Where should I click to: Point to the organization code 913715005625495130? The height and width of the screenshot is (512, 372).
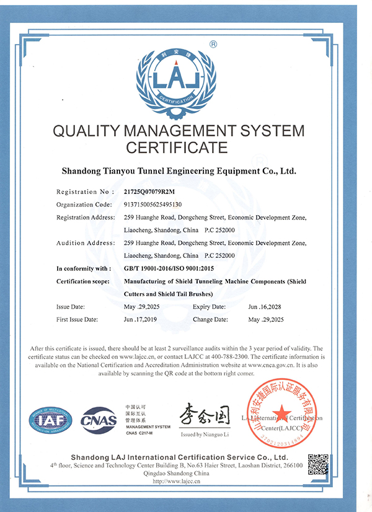click(153, 204)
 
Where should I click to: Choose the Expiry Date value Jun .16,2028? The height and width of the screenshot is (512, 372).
click(265, 307)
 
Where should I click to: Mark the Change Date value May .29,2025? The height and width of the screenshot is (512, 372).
click(265, 319)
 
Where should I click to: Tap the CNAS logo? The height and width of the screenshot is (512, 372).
click(99, 420)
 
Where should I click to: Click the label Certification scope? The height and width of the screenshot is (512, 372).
click(83, 281)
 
